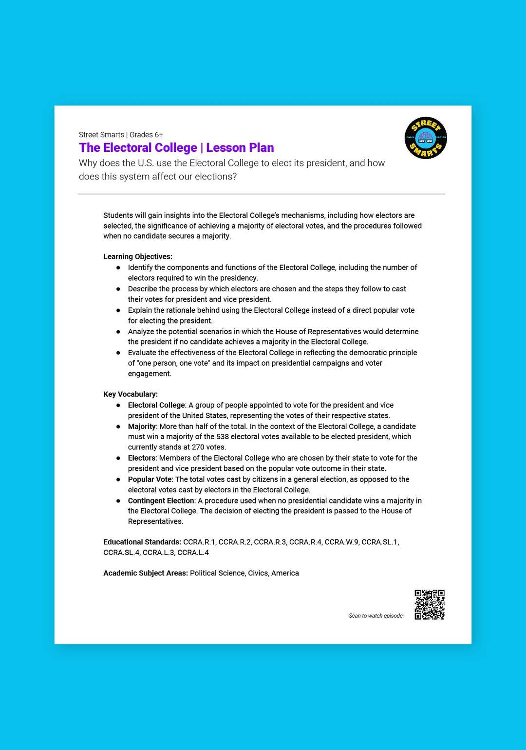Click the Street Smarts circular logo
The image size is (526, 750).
tap(426, 138)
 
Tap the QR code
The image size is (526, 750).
tap(429, 605)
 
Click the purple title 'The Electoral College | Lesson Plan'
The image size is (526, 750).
tap(176, 147)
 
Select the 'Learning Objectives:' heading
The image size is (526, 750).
tap(138, 257)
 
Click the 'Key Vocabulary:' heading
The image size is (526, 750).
tap(131, 394)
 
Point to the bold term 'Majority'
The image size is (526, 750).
tap(142, 427)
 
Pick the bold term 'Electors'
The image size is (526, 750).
tap(142, 458)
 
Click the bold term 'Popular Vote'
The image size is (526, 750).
tap(150, 480)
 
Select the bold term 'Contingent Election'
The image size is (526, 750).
tap(161, 501)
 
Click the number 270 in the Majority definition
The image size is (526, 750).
tap(198, 447)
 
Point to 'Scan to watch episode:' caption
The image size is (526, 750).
tap(376, 616)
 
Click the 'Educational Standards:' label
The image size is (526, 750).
tap(142, 542)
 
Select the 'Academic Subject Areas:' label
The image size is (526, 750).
tap(146, 573)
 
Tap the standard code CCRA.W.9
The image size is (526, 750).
tap(341, 542)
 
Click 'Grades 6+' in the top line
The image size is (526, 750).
tap(146, 135)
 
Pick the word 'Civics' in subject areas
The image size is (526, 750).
tap(258, 573)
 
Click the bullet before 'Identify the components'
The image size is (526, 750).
tap(118, 268)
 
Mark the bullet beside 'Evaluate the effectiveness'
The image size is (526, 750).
tap(118, 353)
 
